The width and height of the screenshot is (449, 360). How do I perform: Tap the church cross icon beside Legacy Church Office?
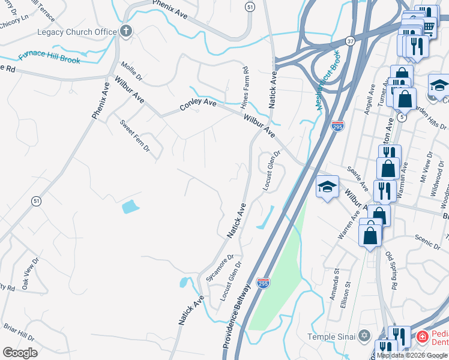(126, 32)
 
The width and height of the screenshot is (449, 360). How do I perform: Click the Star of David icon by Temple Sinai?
(364, 337)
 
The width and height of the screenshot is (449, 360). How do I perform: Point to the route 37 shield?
(349, 41)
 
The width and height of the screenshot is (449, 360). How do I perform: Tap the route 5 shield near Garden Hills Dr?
(401, 118)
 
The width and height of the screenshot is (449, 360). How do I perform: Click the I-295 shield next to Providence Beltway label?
(262, 283)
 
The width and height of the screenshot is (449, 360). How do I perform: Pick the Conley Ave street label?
(197, 105)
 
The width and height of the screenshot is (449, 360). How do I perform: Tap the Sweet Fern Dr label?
(134, 136)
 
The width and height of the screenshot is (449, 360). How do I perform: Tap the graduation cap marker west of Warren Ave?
(327, 188)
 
